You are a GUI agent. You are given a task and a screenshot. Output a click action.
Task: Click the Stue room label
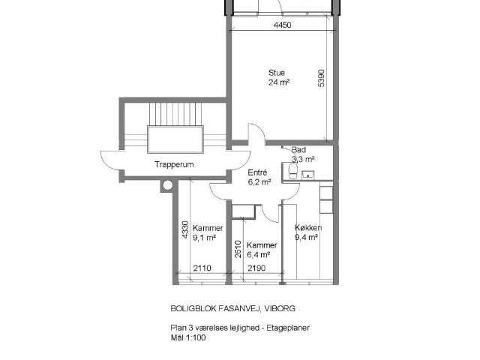(x=277, y=73)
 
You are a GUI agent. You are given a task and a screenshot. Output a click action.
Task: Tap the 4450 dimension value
(x=282, y=25)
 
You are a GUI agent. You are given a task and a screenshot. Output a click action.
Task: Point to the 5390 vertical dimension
(x=321, y=78)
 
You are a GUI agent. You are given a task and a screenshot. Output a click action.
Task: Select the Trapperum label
(x=174, y=164)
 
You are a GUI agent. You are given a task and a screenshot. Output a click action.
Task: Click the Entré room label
(x=257, y=172)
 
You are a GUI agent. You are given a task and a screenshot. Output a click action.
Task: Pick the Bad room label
(x=298, y=150)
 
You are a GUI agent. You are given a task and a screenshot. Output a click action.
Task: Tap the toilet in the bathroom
(x=293, y=171)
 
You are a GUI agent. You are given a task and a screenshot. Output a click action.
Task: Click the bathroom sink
(x=308, y=175)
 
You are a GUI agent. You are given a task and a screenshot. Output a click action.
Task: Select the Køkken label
(x=308, y=228)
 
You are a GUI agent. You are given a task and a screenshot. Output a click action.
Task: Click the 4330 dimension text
(x=185, y=230)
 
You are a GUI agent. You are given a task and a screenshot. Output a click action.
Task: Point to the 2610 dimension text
(x=238, y=249)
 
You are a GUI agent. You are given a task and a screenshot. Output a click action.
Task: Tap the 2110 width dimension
(x=202, y=268)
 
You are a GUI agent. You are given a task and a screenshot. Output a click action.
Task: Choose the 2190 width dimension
(x=256, y=268)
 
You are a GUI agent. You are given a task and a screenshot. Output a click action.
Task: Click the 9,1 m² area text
(x=205, y=238)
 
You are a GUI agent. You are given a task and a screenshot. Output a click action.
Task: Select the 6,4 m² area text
(x=258, y=254)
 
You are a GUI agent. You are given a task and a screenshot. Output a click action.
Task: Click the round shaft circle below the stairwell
(x=168, y=185)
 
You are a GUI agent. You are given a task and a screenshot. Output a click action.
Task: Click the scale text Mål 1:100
(x=188, y=337)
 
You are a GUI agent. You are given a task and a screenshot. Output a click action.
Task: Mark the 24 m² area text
(x=279, y=82)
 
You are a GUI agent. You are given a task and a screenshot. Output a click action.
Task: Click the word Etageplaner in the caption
(x=288, y=328)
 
